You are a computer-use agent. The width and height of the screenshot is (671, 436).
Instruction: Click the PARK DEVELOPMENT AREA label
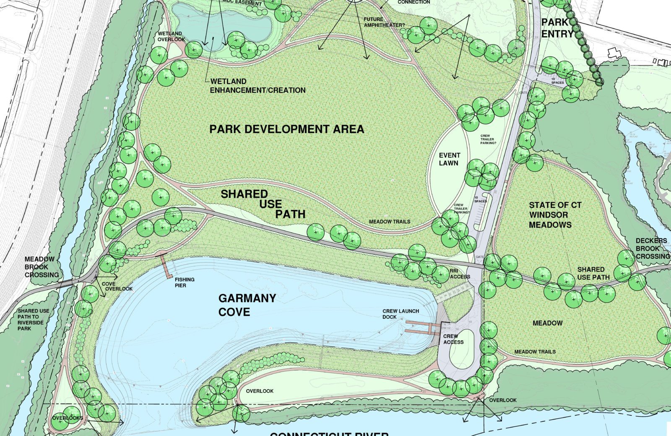(x=286, y=129)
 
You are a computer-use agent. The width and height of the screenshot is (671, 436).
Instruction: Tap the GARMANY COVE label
(x=247, y=305)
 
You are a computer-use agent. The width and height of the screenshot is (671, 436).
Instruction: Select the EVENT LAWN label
(x=449, y=159)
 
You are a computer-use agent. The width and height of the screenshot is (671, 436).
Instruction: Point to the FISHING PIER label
(x=185, y=282)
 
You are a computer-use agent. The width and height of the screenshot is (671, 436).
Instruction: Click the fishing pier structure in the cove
(x=165, y=266)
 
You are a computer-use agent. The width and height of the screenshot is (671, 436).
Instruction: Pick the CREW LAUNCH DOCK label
(x=400, y=314)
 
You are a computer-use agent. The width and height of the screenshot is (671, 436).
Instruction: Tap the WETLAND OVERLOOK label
(x=171, y=37)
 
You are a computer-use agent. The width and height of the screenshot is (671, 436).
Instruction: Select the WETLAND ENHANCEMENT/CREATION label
(x=257, y=86)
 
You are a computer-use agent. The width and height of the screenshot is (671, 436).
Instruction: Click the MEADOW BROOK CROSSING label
(x=42, y=267)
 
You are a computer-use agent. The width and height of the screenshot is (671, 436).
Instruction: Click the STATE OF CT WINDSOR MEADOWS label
(x=555, y=215)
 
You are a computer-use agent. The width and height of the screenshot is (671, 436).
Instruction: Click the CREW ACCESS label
(x=453, y=339)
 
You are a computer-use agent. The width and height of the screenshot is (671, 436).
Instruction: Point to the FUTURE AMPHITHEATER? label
(x=384, y=22)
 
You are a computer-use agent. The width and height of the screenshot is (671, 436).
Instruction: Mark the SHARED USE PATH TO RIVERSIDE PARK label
(x=33, y=319)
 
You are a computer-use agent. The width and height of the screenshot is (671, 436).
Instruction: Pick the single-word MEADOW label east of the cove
(x=547, y=323)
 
